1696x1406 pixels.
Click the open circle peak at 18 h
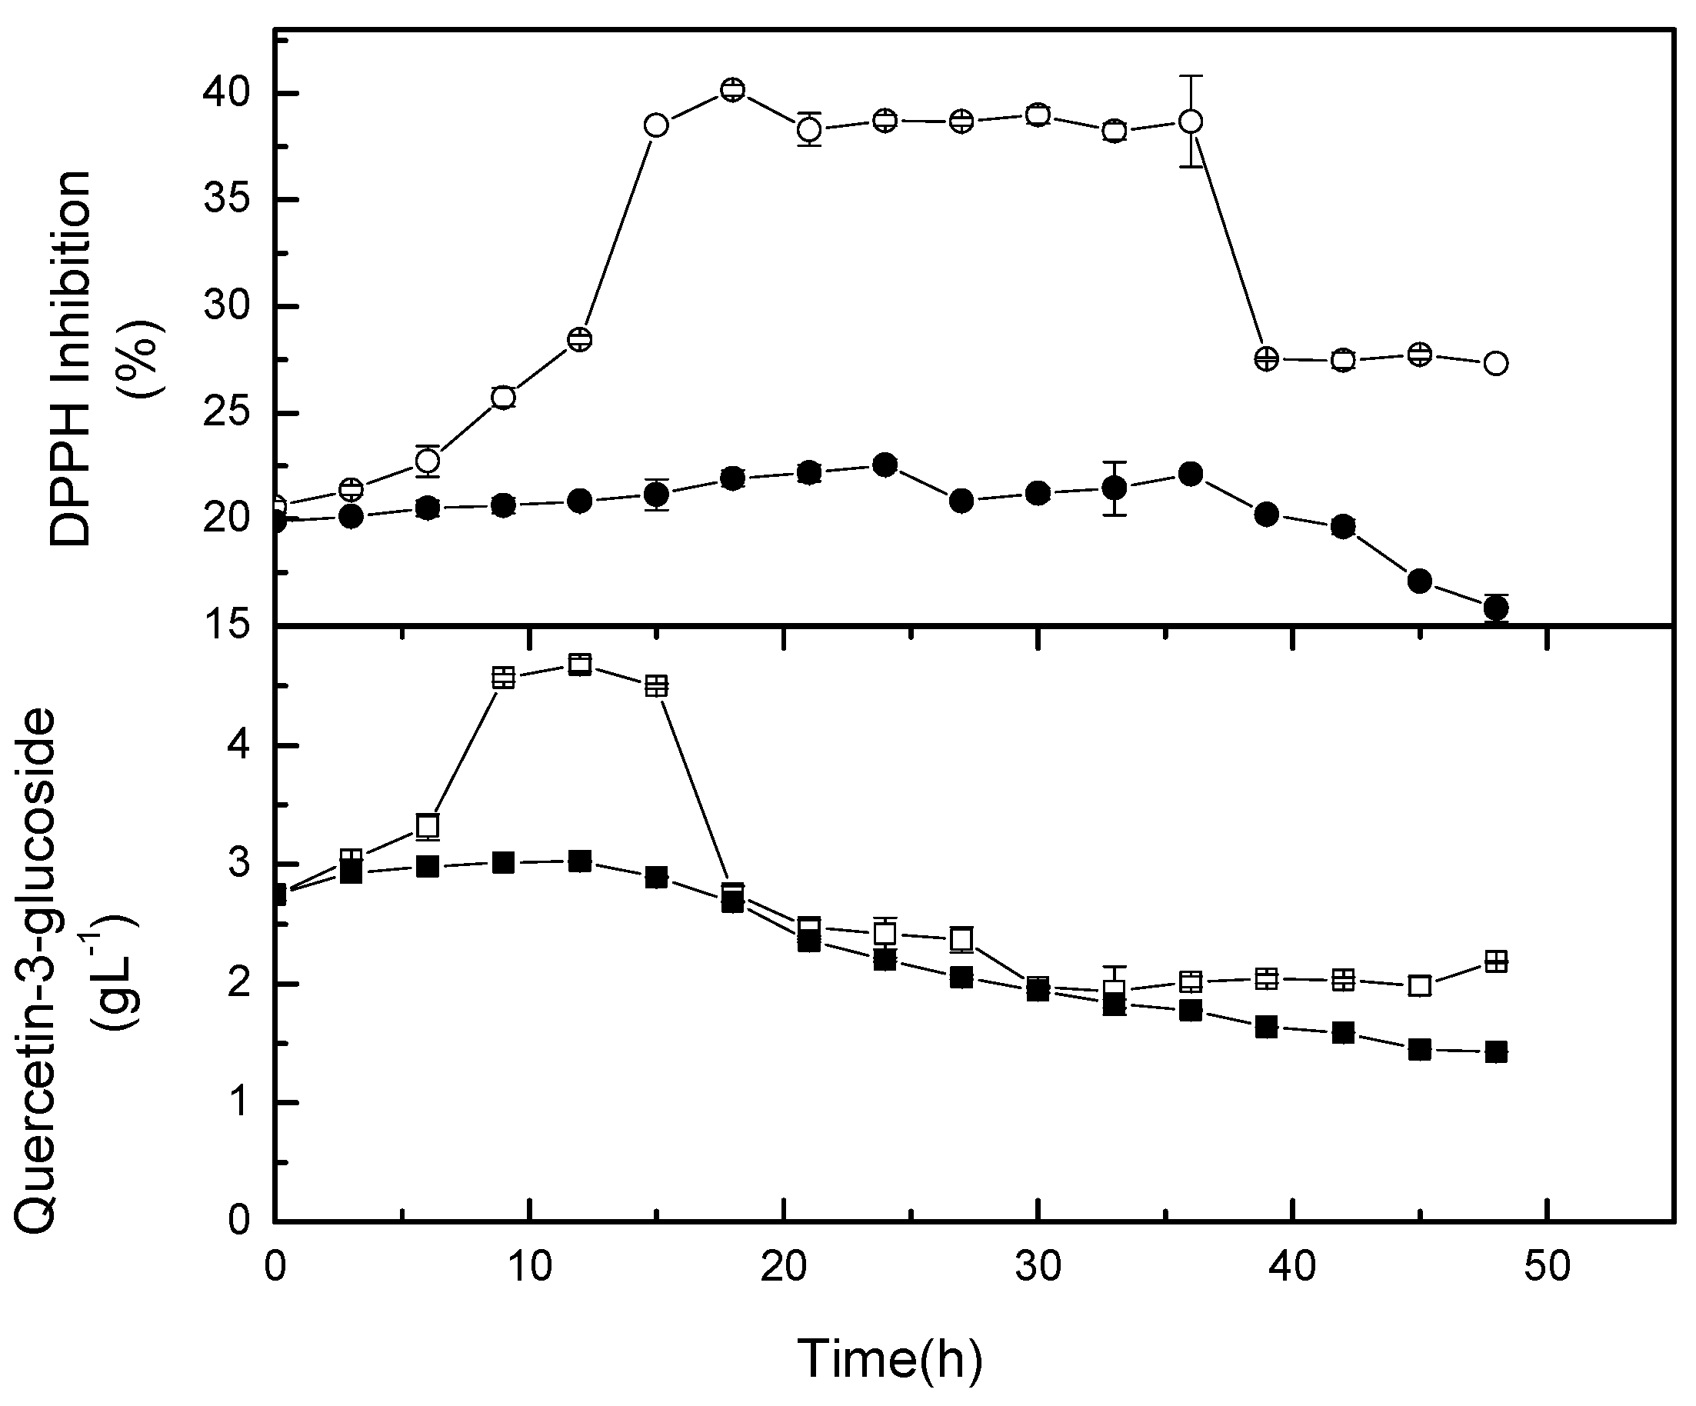coord(731,90)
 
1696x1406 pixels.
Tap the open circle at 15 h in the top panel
coord(656,126)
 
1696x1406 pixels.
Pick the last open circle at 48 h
coord(1496,363)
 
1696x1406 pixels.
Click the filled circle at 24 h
coord(885,465)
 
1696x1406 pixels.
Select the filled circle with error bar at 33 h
coord(1115,488)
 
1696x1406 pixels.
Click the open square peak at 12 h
coord(580,665)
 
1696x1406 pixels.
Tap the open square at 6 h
coord(427,825)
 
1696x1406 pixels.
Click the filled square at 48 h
coord(1496,1051)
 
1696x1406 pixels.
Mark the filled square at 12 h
coord(580,861)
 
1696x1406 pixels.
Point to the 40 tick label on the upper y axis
coord(227,94)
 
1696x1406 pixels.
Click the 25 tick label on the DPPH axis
coord(227,414)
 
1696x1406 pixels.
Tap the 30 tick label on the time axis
coord(1038,1266)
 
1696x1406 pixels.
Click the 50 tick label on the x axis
coord(1547,1266)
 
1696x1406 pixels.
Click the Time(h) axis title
coord(889,1358)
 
